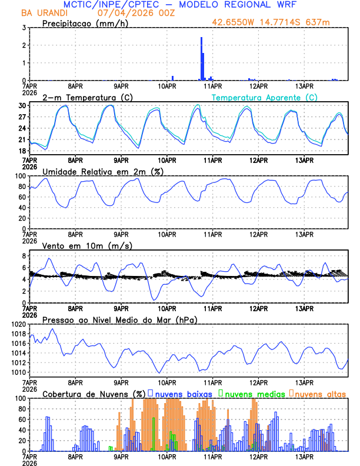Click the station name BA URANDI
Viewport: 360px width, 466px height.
(44, 12)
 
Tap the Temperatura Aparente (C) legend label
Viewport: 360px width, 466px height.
(265, 97)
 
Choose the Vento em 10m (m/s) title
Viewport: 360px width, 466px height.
(87, 245)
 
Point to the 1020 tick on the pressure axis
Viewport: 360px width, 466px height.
(16, 324)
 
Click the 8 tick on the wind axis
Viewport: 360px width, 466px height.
(23, 256)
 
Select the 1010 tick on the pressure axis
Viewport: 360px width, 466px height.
(16, 372)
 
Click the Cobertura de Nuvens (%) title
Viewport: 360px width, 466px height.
(94, 394)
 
